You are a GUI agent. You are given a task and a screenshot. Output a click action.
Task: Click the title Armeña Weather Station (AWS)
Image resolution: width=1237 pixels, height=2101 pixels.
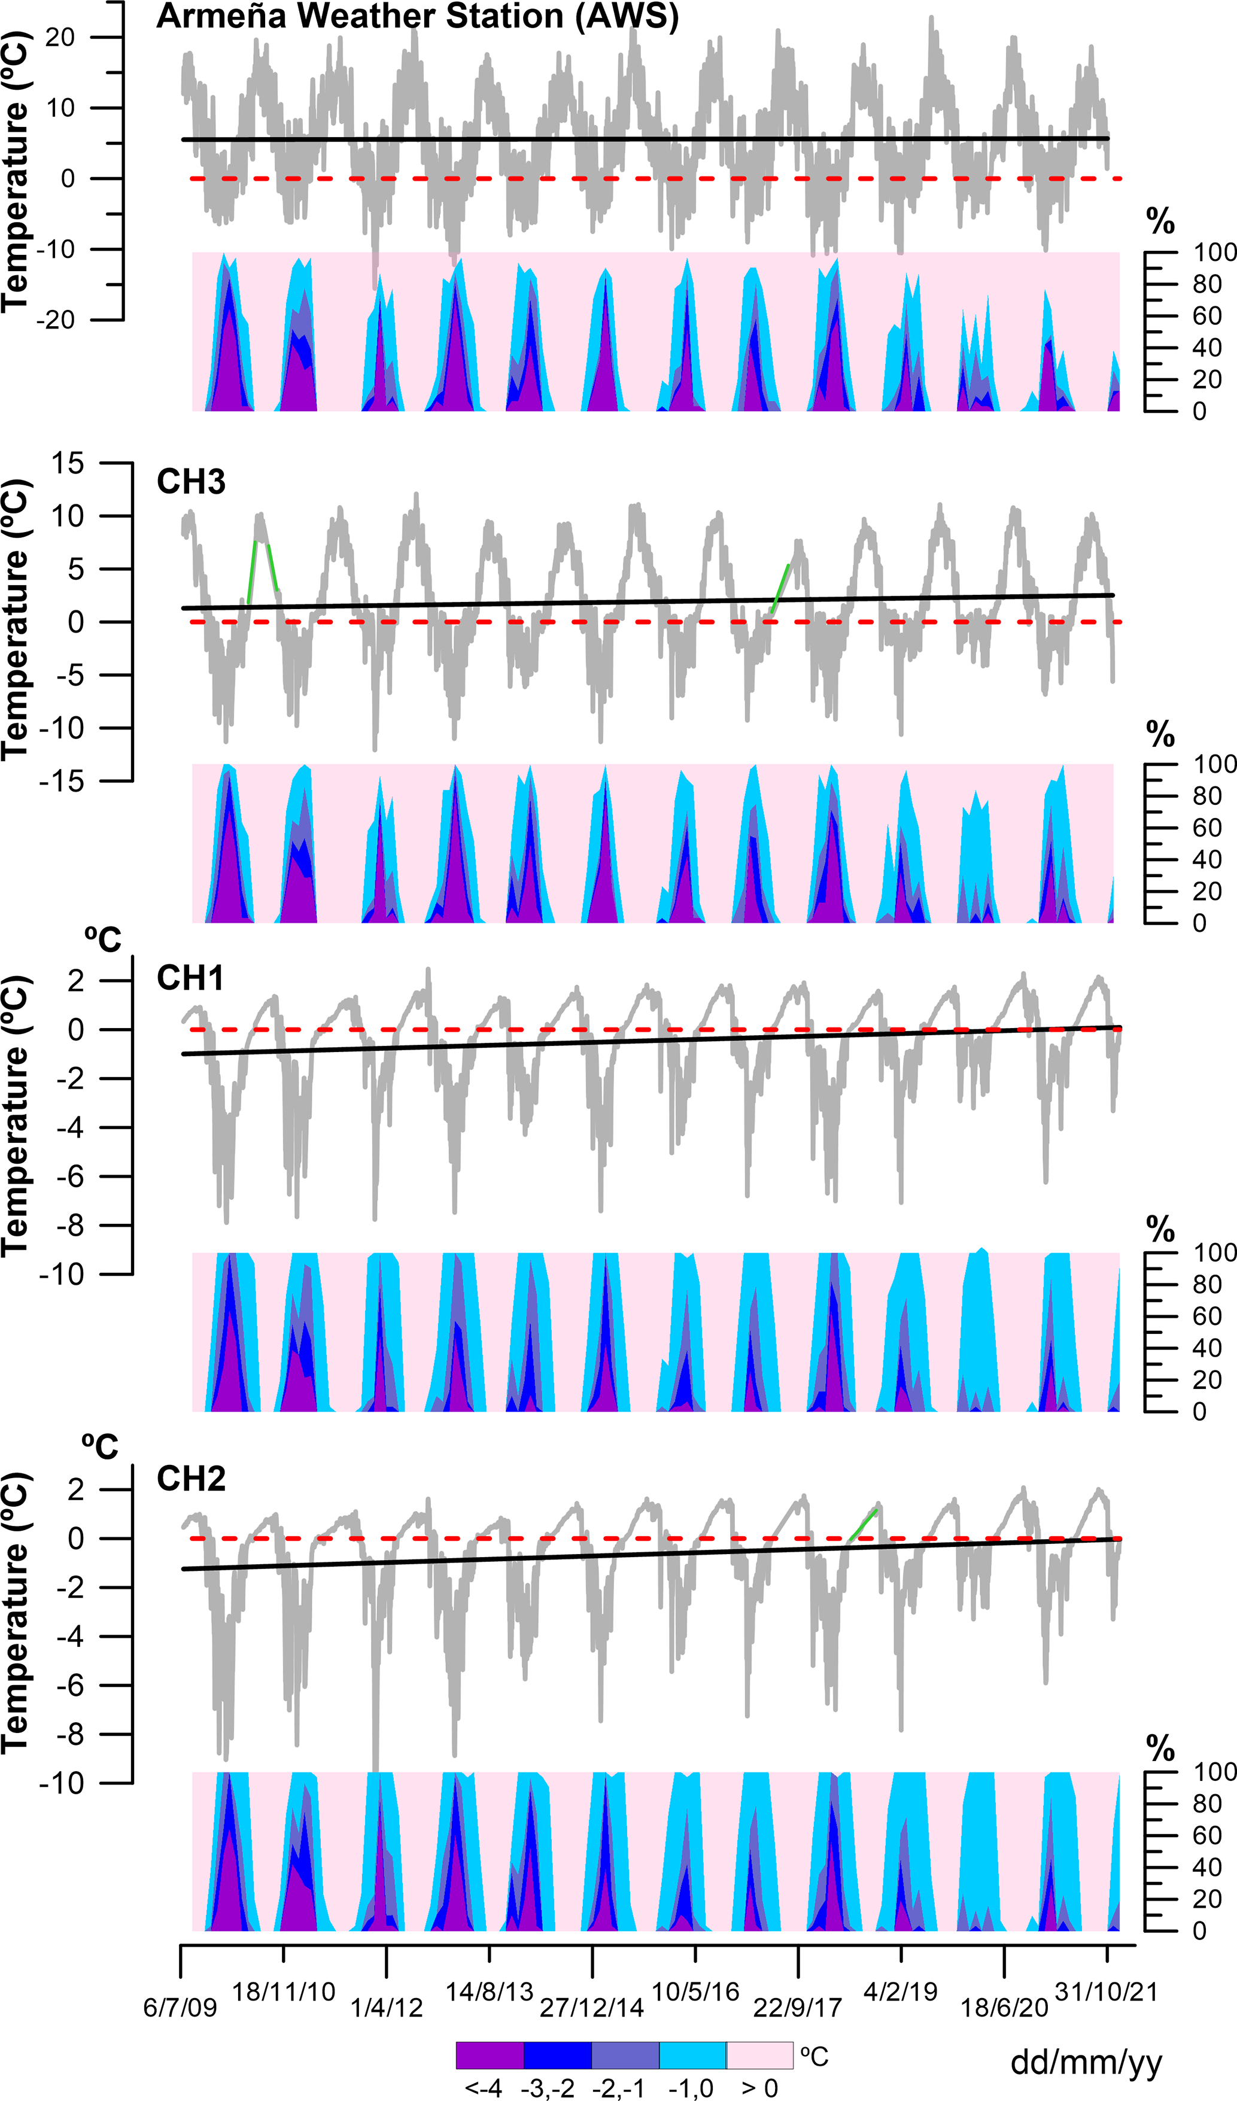tap(417, 17)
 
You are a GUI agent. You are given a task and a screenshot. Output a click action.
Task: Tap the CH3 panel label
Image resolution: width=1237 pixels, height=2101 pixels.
tap(191, 482)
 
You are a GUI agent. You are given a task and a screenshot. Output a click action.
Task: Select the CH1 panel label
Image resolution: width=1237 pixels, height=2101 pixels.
tap(190, 978)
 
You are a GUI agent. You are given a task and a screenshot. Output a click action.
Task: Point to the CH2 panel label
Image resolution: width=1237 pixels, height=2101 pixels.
tap(191, 1478)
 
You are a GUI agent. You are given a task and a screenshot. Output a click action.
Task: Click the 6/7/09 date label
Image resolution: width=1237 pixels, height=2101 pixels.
tap(180, 2008)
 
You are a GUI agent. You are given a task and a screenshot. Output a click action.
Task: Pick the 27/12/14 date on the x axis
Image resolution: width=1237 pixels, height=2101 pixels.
tap(592, 2008)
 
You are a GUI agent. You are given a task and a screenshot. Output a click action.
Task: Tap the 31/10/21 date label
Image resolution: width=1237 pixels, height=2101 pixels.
tap(1106, 1991)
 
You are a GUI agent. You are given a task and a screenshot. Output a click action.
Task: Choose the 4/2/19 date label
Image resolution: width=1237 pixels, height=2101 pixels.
tap(900, 1991)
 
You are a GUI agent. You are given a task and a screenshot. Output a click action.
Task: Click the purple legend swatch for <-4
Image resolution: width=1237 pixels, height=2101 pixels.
tap(490, 2055)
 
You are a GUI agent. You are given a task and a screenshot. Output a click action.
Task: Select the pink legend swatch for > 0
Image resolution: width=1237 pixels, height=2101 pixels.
tap(759, 2055)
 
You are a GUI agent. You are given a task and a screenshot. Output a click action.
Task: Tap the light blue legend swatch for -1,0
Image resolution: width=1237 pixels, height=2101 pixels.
tap(692, 2055)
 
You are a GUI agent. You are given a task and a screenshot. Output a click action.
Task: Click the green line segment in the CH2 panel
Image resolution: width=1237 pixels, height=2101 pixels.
tap(862, 1527)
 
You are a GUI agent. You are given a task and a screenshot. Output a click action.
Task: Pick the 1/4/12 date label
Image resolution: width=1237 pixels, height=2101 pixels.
tap(386, 2008)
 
